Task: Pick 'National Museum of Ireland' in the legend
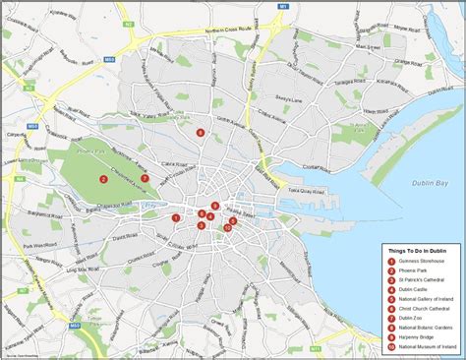pos(428,345)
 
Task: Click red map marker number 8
pos(201,132)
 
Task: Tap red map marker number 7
pos(144,178)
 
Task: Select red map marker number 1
pos(176,217)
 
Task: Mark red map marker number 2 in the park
pos(102,178)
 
